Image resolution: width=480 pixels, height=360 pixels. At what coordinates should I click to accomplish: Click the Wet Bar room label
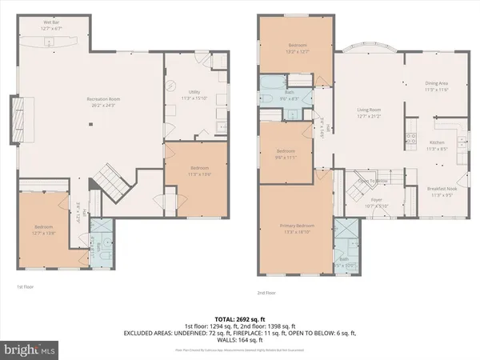click(50, 26)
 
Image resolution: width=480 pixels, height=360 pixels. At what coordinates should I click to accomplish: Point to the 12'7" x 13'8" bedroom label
click(48, 230)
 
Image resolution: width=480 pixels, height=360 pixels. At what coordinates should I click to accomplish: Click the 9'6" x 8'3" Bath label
click(290, 96)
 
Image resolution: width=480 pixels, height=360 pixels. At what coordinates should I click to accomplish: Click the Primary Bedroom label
click(294, 229)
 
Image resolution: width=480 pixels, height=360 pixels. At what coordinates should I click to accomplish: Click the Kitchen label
click(438, 146)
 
